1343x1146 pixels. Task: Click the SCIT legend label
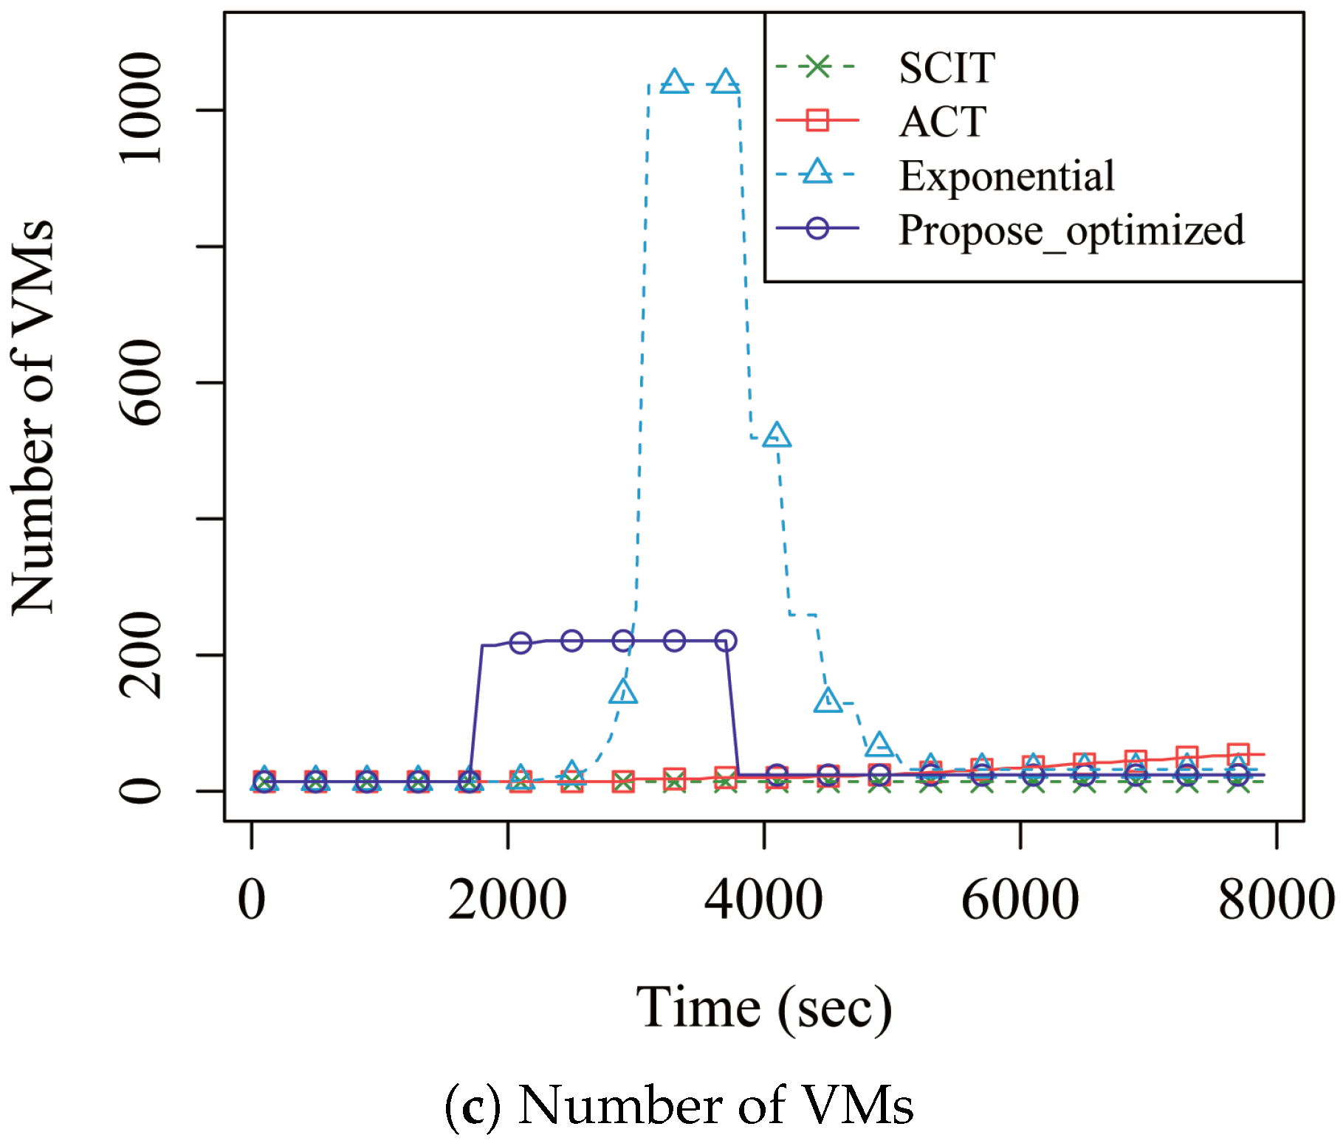pyautogui.click(x=947, y=68)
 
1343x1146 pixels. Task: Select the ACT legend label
pyautogui.click(x=942, y=122)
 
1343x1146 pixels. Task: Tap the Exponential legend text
pyautogui.click(x=1006, y=176)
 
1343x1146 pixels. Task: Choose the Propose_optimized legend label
pyautogui.click(x=1071, y=230)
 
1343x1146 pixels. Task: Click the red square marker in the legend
pyautogui.click(x=817, y=120)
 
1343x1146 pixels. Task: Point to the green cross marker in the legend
pyautogui.click(x=817, y=66)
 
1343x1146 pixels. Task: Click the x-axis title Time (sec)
pyautogui.click(x=763, y=1008)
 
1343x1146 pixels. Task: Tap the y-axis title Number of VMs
pyautogui.click(x=34, y=417)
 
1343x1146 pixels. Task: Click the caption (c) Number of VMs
pyautogui.click(x=679, y=1105)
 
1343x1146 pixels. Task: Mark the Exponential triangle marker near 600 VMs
pyautogui.click(x=776, y=435)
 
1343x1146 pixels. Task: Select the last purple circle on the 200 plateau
pyautogui.click(x=726, y=641)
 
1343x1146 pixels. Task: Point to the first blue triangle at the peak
pyautogui.click(x=674, y=82)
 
